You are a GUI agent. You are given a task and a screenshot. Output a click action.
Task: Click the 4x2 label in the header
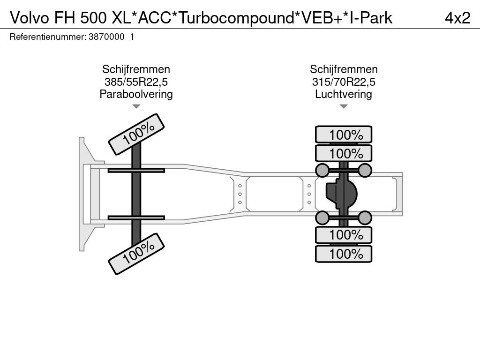(457, 18)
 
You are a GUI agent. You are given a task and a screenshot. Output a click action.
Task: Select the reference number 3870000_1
(111, 37)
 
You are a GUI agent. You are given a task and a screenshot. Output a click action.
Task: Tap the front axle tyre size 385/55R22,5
(136, 82)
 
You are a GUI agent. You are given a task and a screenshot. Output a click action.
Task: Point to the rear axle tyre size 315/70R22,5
(344, 82)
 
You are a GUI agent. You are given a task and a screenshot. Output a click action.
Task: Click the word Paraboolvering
(136, 94)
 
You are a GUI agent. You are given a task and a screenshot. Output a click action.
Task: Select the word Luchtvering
(344, 94)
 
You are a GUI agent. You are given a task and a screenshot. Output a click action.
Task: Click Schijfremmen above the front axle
(136, 69)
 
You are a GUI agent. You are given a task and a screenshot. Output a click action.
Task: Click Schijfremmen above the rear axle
(344, 69)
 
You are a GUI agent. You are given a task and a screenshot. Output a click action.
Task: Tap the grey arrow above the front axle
(136, 106)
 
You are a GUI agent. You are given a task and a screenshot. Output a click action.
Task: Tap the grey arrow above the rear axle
(344, 106)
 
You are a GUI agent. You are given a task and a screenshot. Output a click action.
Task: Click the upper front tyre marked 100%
(137, 134)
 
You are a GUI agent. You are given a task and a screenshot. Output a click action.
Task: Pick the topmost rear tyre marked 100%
(344, 135)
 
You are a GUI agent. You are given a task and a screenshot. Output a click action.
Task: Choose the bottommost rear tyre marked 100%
(344, 254)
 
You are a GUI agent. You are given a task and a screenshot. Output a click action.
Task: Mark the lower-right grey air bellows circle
(365, 217)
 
